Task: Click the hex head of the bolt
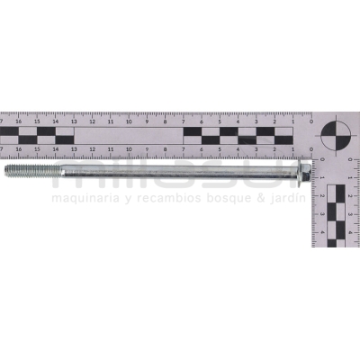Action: point(307,169)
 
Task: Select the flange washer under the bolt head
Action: point(300,169)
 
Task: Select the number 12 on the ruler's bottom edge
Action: point(92,149)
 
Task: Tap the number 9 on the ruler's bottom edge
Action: point(148,149)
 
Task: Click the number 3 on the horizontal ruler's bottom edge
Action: point(256,149)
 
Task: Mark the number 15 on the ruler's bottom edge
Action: point(37,149)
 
